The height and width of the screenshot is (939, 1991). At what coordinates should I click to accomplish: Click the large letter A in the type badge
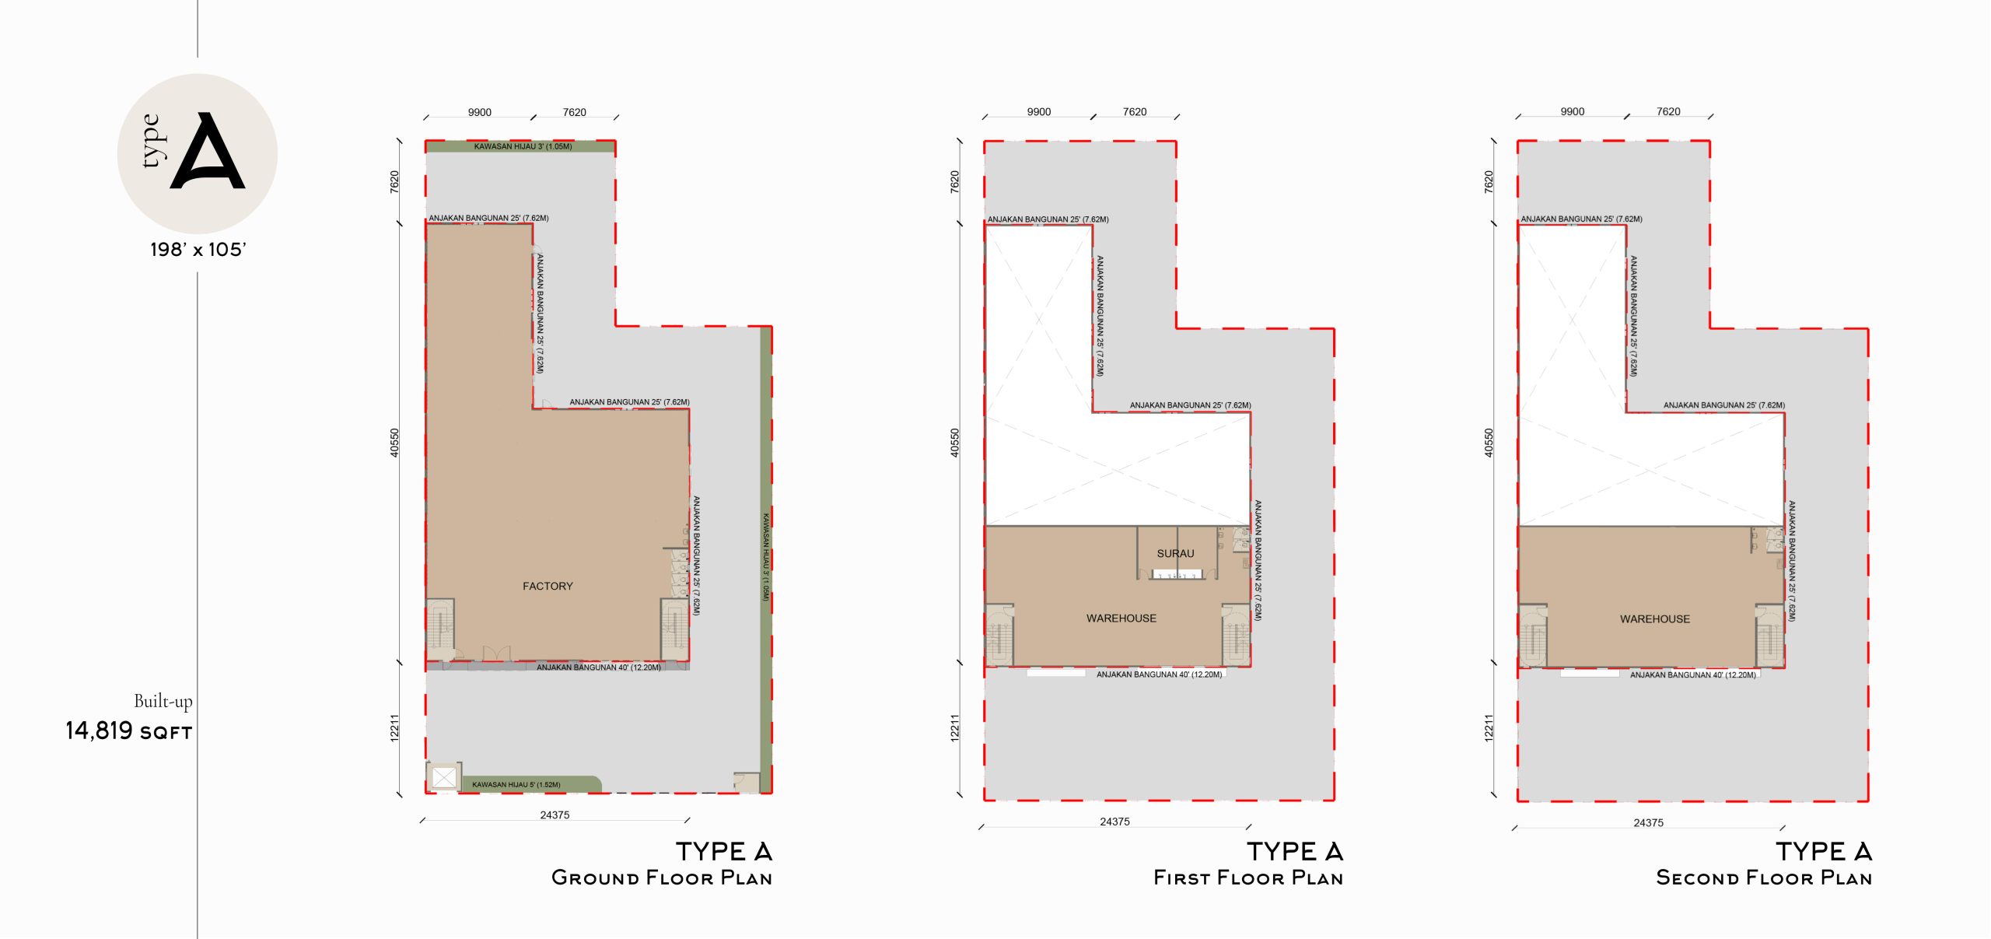click(x=208, y=152)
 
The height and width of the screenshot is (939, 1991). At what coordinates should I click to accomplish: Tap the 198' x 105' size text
click(x=198, y=250)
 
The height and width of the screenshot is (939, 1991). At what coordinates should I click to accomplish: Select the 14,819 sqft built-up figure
click(x=128, y=731)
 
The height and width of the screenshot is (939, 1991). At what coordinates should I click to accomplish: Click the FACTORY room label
click(x=548, y=586)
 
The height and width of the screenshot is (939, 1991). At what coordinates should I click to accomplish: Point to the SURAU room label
click(x=1175, y=553)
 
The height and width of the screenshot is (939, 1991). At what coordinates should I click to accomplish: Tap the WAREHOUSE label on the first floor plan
click(x=1121, y=618)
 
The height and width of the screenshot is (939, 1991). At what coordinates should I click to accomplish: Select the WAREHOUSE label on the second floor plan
click(x=1654, y=619)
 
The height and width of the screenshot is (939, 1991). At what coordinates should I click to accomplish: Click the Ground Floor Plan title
click(x=662, y=878)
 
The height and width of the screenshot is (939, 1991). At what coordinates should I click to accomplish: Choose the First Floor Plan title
click(x=1248, y=878)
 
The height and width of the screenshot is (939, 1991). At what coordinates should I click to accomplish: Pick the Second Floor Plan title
click(x=1764, y=878)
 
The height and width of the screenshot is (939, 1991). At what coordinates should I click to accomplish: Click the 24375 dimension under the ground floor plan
click(x=555, y=815)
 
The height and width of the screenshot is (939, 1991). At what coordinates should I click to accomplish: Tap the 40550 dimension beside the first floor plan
click(x=954, y=443)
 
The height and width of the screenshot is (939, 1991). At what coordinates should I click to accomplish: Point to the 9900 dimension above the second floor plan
click(x=1572, y=111)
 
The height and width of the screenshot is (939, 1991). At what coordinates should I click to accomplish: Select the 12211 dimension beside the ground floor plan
click(x=394, y=727)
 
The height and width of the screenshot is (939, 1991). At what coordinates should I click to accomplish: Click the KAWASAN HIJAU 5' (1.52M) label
click(x=516, y=784)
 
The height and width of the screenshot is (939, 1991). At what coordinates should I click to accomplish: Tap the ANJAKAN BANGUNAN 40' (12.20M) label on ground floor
click(x=598, y=667)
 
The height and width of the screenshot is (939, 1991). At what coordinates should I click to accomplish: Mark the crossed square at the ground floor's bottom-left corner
click(x=444, y=777)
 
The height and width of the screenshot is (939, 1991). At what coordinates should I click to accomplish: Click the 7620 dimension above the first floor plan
click(x=1134, y=111)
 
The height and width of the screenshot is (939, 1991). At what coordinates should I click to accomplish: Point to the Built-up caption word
click(x=163, y=701)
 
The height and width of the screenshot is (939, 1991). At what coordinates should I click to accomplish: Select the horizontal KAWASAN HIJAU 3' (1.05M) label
click(x=523, y=146)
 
